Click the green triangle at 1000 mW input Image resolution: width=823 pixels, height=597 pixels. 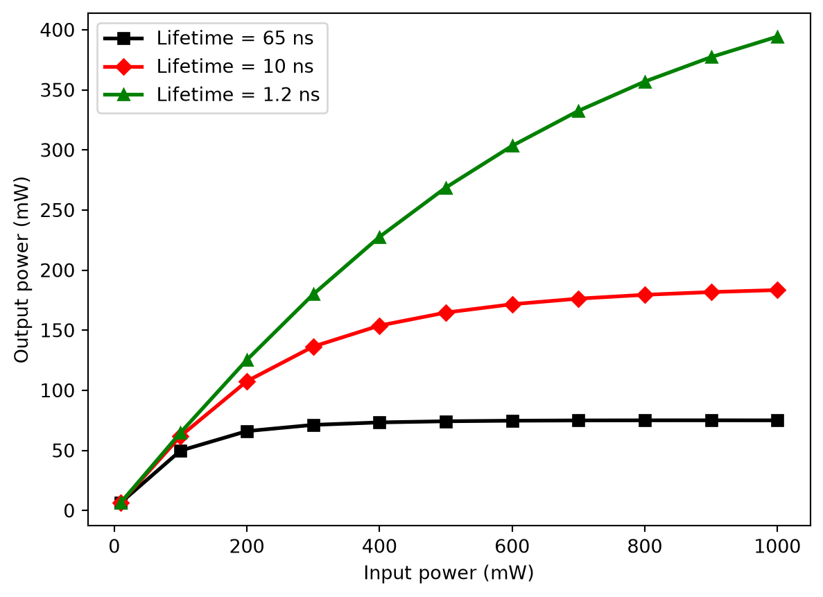coord(777,37)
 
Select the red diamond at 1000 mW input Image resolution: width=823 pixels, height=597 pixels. coord(777,291)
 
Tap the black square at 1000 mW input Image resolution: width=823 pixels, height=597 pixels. coord(777,421)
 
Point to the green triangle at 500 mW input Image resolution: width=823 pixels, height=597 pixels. coord(446,188)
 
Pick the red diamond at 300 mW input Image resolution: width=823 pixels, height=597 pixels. coord(313,347)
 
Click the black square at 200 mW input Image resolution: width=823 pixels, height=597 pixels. coord(247,431)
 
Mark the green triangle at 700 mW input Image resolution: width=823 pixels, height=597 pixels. coord(578,112)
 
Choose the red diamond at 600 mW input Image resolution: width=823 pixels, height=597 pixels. coord(512,304)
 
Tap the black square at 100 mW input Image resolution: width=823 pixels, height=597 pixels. coord(180,451)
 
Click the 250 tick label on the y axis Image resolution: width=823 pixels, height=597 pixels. coord(58,211)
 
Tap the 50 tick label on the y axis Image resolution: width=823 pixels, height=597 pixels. coord(64,451)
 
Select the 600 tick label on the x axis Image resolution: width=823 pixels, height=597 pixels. coord(512,546)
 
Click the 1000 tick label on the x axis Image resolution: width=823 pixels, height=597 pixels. coord(777,546)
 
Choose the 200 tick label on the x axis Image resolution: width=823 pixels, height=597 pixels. coord(247,546)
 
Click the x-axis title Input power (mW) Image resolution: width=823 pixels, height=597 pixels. coord(449,573)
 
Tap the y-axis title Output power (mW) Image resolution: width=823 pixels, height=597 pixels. coord(21,270)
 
